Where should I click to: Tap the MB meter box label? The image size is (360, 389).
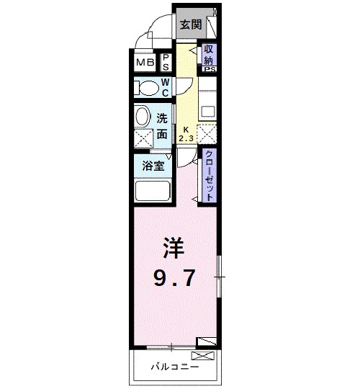point(146,62)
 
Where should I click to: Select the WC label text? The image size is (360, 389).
point(165,89)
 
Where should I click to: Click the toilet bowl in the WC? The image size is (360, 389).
point(148,88)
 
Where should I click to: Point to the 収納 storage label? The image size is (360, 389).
point(209,55)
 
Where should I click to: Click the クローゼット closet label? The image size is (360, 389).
point(209,176)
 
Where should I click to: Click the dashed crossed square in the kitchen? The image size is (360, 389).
point(206,134)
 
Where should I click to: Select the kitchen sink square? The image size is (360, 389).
point(207,111)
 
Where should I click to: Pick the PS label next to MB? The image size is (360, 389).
point(165,62)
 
